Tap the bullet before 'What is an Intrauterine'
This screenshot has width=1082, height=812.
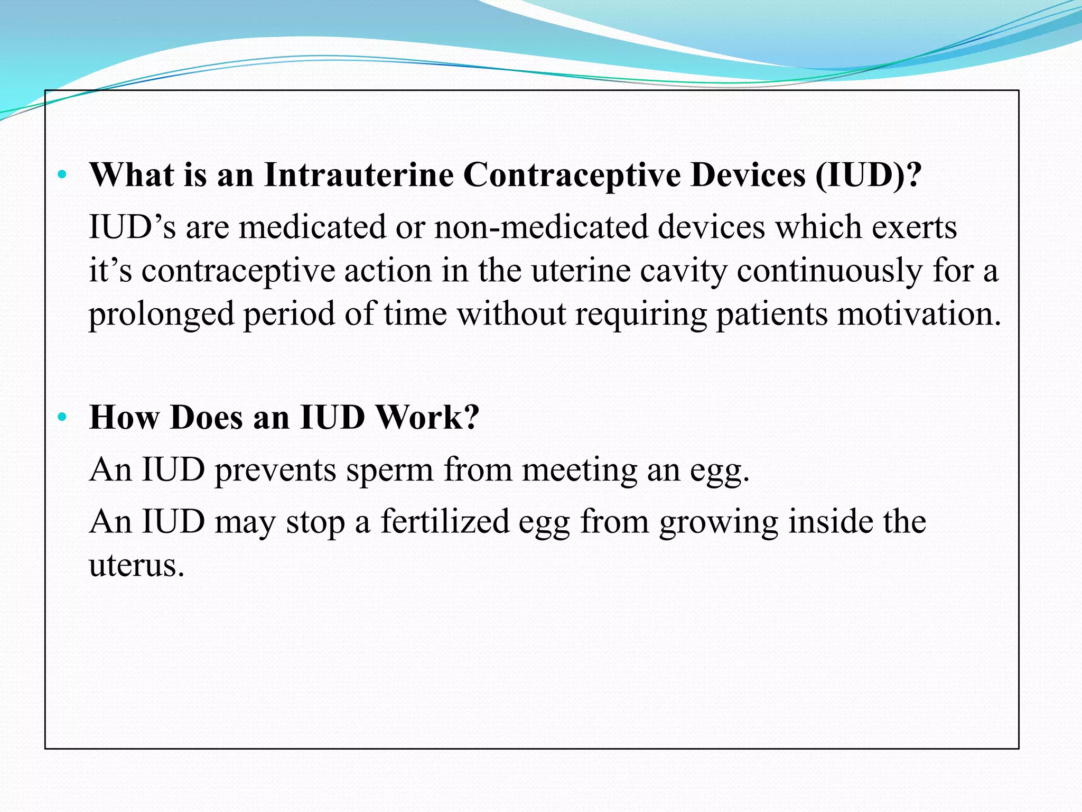(62, 174)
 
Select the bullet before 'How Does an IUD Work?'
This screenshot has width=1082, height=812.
(62, 417)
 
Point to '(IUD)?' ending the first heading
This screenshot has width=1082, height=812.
(868, 174)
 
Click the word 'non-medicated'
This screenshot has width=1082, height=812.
(541, 227)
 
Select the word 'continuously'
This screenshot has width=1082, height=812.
(829, 271)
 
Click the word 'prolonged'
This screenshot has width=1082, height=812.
(161, 315)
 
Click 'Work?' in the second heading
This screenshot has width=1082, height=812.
(426, 417)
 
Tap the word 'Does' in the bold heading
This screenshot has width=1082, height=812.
(207, 417)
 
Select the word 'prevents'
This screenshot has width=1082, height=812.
(275, 470)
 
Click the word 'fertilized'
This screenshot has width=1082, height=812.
(445, 522)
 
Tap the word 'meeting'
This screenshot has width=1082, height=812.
(580, 470)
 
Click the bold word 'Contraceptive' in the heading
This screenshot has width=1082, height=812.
(572, 174)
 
